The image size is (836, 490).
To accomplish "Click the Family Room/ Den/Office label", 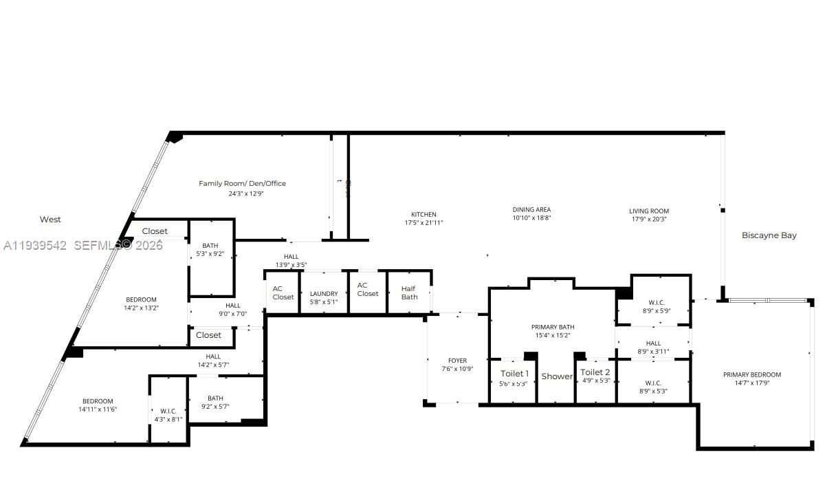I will point(242,184).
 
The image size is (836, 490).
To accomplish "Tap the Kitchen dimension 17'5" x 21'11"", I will point(423,223).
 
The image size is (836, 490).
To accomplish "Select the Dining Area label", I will point(531,210).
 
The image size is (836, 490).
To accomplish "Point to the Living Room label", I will point(648,211).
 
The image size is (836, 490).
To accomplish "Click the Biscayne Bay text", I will point(769,235).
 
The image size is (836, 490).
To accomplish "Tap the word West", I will point(50,220).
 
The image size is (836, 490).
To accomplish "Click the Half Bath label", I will point(409,293).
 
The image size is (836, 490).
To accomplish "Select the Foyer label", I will point(457,361).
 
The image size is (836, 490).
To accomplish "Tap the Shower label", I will point(556,376).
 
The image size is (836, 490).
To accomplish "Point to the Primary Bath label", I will point(552,328).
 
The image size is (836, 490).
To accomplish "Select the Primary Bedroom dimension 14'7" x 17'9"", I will point(751,383).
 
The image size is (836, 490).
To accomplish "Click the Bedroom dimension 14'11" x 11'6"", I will point(98,409).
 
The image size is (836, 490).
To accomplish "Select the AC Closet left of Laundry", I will point(283,293).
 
